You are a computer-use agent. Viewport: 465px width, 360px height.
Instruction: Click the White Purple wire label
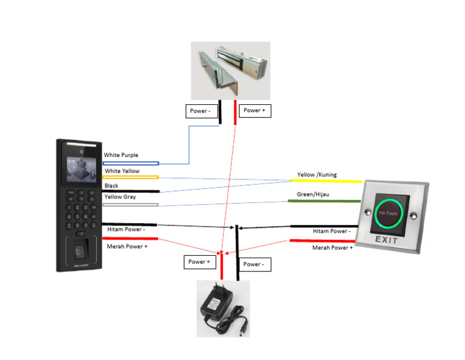click(x=121, y=156)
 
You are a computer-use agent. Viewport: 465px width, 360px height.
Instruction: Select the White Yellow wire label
click(x=122, y=172)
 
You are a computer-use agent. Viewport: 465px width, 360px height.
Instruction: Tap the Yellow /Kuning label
click(x=317, y=175)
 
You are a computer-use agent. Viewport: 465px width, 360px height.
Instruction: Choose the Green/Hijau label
click(x=314, y=195)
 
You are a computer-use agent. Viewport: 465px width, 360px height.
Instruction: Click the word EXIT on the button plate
click(x=386, y=240)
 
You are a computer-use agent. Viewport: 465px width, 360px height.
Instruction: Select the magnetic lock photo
click(x=230, y=70)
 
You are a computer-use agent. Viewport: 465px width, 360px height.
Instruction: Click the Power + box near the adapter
click(x=199, y=262)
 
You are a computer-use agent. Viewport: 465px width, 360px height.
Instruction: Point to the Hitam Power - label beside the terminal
click(x=127, y=230)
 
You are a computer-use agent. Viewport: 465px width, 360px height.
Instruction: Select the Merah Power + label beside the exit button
click(x=332, y=248)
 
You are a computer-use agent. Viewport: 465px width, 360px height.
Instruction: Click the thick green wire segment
click(x=324, y=201)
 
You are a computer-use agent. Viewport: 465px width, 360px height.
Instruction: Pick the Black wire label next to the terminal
click(x=111, y=186)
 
